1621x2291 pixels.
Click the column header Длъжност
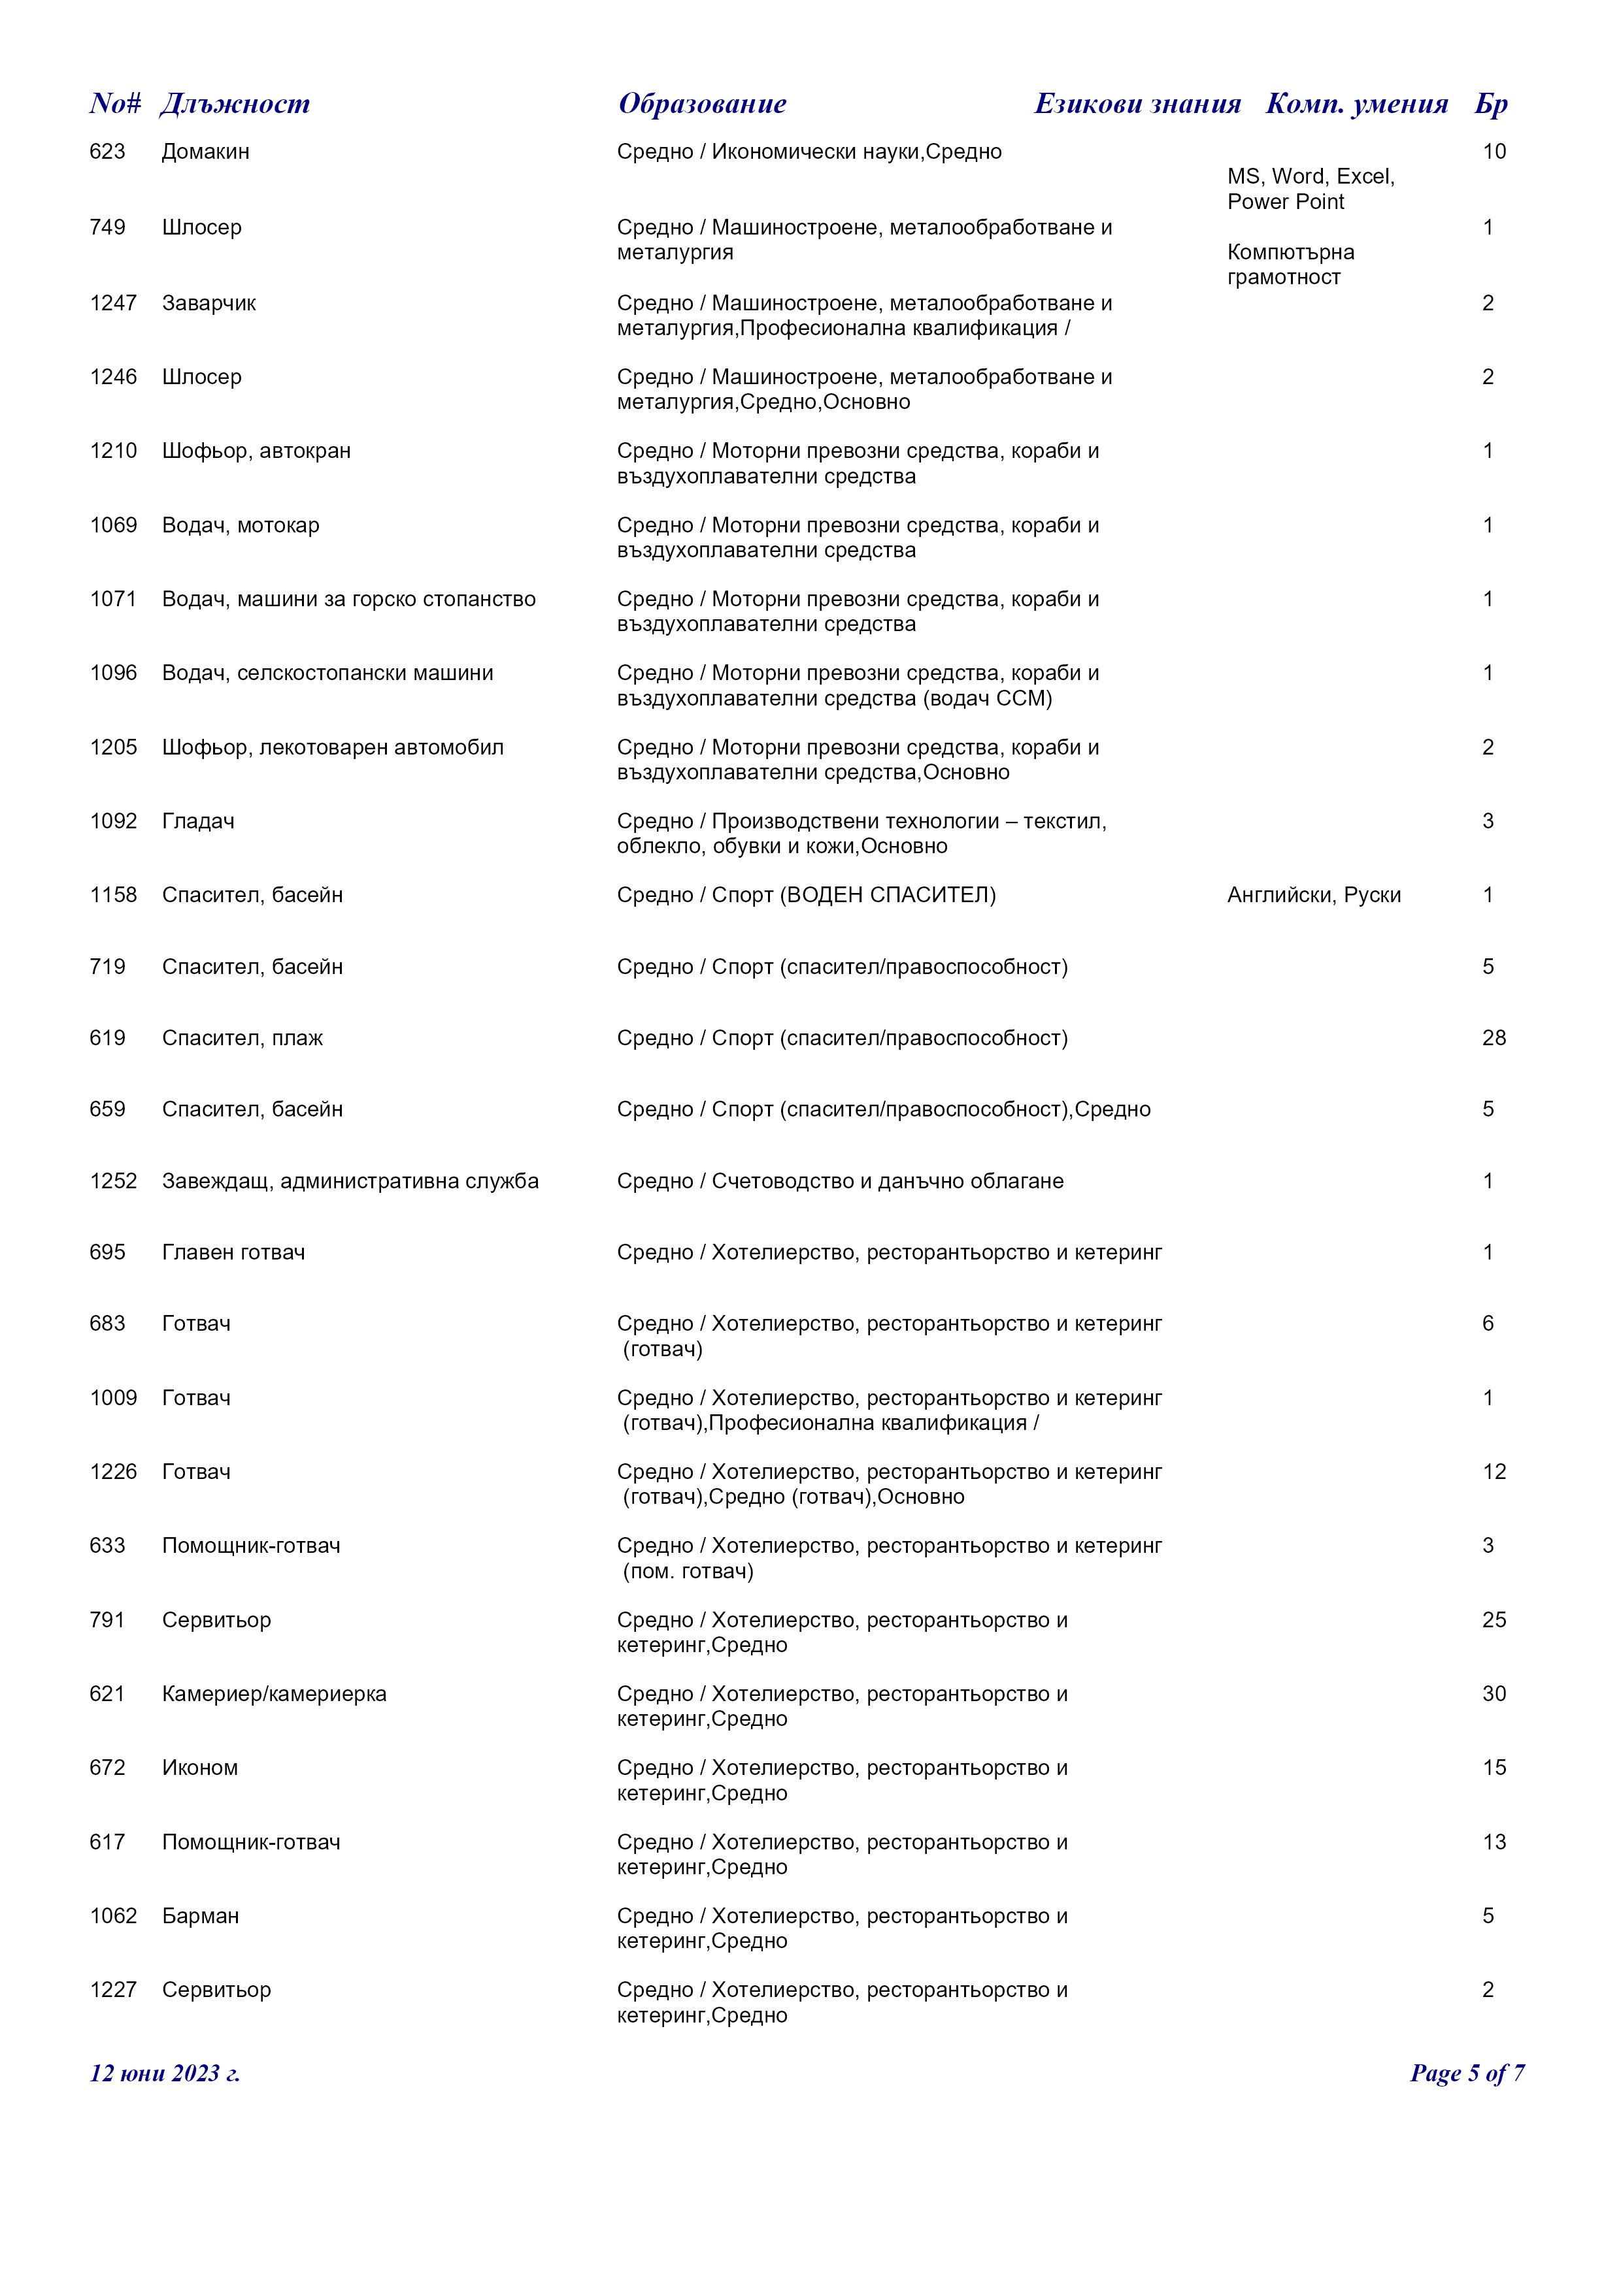coord(235,104)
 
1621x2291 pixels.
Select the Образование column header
coord(702,104)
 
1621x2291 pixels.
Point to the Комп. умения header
coord(1356,104)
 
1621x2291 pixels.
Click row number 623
coord(108,152)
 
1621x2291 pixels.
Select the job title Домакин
coord(206,152)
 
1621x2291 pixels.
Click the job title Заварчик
coord(209,303)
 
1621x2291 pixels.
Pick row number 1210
coord(113,451)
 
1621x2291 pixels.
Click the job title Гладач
coord(199,821)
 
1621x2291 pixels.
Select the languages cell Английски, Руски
coord(1314,895)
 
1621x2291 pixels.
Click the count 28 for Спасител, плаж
coord(1494,1038)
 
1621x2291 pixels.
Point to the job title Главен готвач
coord(233,1252)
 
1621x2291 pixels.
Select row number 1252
coord(113,1181)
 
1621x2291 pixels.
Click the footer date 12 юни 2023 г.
coord(165,2073)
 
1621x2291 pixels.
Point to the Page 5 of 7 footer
coord(1466,2073)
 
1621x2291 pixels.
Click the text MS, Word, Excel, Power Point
coord(1311,189)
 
